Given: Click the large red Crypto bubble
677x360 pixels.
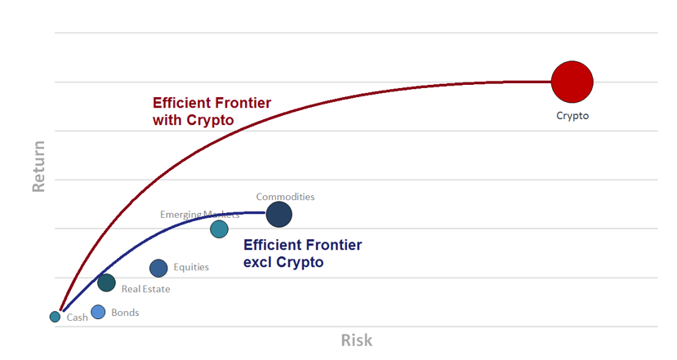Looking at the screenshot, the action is coord(572,82).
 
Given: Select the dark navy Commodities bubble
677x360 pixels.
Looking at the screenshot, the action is coord(279,215).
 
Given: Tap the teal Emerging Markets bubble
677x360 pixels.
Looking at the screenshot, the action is coord(220,229).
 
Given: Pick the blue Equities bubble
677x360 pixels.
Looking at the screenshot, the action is coord(158,268).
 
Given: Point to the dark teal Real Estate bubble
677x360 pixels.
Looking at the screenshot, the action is coord(106,282).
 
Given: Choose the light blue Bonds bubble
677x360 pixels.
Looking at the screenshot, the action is coord(98,312).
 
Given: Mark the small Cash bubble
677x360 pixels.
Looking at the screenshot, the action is coord(55,317).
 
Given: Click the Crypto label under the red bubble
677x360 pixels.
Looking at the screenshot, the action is coord(572,116).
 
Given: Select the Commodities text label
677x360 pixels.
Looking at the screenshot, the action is coord(285,197).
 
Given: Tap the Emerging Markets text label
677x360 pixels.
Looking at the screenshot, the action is coord(199,215).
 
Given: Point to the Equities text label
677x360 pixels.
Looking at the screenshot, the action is coord(191,267).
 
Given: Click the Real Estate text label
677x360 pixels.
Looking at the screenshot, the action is coord(146,289).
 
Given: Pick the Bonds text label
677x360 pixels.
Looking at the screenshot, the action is coord(125,313).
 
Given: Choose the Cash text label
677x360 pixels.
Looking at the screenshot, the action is coord(78,318).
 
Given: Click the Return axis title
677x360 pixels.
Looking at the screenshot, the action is coord(38,167).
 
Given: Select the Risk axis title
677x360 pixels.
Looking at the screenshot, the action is coord(357,340).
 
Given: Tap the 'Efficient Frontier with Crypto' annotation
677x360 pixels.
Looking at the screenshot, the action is coord(212,111).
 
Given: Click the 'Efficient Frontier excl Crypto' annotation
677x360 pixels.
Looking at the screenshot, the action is coord(303,253).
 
